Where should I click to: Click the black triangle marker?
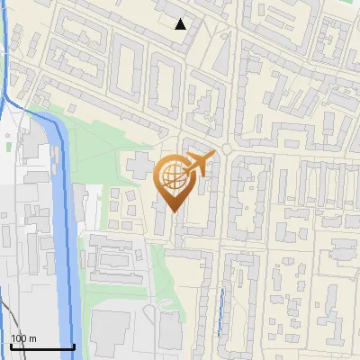coord(181,23)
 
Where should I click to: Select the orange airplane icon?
coord(199,164)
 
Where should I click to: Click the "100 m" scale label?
coord(23,338)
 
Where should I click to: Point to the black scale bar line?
coord(42,346)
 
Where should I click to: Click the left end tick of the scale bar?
coord(11,345)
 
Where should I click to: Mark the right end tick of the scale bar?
coord(74,345)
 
